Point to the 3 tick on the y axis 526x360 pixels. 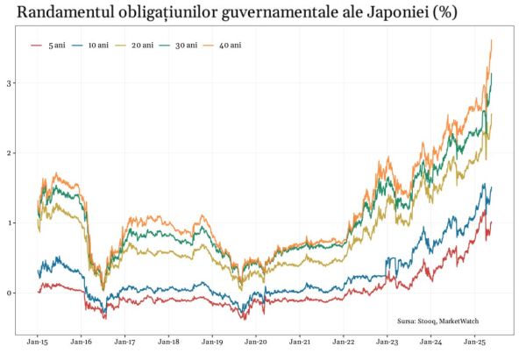10,83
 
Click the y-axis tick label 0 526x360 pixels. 10,293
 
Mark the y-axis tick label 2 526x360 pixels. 10,153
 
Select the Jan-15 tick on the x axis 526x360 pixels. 39,342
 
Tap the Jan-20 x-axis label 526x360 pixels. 256,342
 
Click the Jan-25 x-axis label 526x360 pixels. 474,342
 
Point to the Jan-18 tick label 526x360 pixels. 169,342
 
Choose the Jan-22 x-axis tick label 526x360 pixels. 344,342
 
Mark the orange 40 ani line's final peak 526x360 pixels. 491,40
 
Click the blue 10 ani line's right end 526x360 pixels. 492,187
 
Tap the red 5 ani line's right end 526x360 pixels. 492,222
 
